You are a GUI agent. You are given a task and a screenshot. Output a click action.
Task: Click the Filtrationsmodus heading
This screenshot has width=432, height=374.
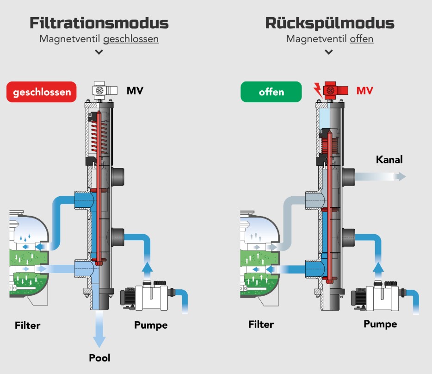pyautogui.click(x=99, y=23)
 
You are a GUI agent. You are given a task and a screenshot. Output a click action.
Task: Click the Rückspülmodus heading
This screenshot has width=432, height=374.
pyautogui.click(x=330, y=23)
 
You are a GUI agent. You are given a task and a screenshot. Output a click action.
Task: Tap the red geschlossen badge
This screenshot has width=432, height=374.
pyautogui.click(x=42, y=92)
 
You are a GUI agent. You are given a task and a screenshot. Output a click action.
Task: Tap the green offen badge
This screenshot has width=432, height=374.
pyautogui.click(x=271, y=92)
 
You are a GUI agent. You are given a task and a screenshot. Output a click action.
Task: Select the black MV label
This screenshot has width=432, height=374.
pyautogui.click(x=135, y=90)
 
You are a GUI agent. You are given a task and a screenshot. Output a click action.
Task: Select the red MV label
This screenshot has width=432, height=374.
pyautogui.click(x=364, y=90)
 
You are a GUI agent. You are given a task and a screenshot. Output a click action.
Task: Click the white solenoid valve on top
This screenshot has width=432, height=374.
pyautogui.click(x=102, y=90)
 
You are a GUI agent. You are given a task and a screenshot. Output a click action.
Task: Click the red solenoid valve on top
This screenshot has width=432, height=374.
pyautogui.click(x=332, y=89)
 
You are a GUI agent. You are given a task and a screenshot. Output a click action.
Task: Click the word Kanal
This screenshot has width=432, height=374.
pyautogui.click(x=389, y=160)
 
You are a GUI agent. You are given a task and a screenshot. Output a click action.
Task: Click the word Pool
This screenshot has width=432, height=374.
pyautogui.click(x=99, y=357)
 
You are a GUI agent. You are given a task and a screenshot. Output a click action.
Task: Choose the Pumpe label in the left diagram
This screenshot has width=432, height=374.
pyautogui.click(x=151, y=325)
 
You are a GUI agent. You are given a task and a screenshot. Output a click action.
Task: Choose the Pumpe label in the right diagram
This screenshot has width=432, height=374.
pyautogui.click(x=380, y=324)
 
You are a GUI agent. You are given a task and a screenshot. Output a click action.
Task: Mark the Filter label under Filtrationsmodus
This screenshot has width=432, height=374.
pyautogui.click(x=27, y=325)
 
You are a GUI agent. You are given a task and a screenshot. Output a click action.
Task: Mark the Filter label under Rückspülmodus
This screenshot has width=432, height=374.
pyautogui.click(x=261, y=324)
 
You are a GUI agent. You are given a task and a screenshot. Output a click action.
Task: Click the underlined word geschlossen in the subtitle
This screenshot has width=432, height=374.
pyautogui.click(x=131, y=39)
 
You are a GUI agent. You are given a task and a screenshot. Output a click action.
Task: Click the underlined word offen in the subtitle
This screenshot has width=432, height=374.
pyautogui.click(x=362, y=39)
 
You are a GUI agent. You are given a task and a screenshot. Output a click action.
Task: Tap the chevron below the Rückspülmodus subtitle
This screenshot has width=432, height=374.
pyautogui.click(x=329, y=52)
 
